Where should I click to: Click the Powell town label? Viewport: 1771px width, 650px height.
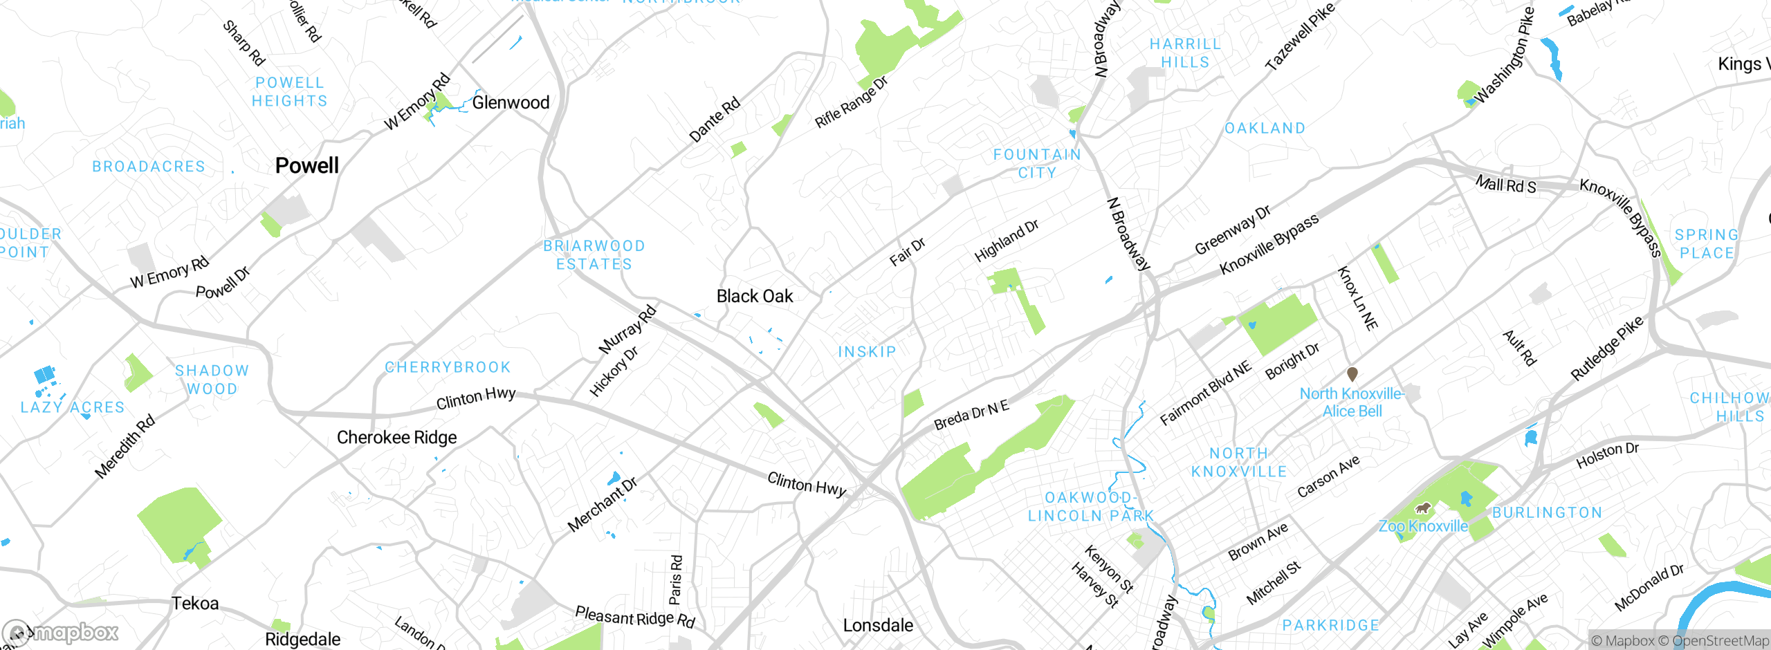307,166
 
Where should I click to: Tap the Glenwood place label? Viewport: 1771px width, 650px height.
511,102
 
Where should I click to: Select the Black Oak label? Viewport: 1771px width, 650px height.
755,297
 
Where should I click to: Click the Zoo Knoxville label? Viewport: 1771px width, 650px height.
1423,526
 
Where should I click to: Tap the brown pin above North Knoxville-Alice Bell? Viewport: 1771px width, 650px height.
1352,374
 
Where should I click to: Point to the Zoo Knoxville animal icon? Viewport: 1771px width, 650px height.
1423,508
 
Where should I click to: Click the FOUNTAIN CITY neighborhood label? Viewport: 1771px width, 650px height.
1037,164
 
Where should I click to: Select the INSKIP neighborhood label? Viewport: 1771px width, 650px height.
867,352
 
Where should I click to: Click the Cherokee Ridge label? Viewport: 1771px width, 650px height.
396,438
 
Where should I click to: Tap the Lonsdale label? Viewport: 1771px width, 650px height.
878,626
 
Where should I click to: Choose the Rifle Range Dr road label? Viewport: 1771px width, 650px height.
851,102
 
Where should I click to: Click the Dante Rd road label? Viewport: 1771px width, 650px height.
715,120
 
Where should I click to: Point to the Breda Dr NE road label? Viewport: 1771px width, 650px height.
971,415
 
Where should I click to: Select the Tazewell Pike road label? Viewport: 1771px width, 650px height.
1299,36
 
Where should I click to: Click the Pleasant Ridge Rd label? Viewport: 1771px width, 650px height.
635,617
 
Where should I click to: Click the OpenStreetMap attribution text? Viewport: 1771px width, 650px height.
1720,641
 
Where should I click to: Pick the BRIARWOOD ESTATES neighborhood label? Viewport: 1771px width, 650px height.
594,255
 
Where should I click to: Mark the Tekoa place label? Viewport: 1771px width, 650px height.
195,604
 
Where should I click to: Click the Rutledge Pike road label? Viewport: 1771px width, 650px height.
1606,349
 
